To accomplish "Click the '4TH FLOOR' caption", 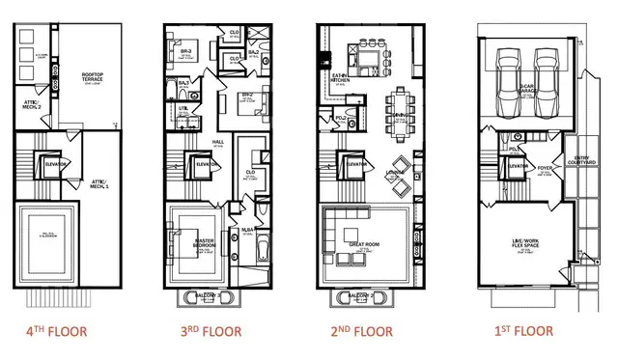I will click(x=56, y=331).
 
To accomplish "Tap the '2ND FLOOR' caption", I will click(x=360, y=331).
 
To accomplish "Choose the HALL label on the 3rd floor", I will click(x=217, y=142).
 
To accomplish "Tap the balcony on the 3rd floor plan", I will click(x=202, y=293).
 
